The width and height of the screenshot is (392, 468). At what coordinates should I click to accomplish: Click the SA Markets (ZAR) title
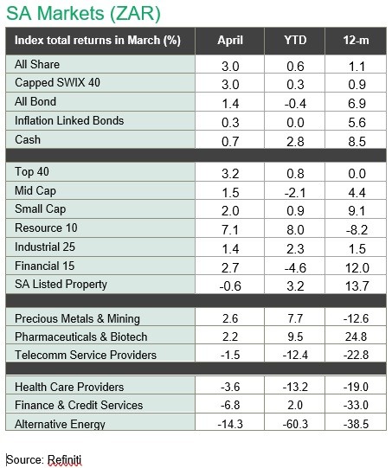83,14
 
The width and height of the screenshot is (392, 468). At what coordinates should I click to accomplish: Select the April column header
230,41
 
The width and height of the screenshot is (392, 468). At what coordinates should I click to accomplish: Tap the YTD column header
295,41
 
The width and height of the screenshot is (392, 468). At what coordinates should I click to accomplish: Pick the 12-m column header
356,41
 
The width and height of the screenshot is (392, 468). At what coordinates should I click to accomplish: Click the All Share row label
37,65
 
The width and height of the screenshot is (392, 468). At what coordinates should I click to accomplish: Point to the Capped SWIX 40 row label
58,83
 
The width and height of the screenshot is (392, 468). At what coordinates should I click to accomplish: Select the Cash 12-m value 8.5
357,142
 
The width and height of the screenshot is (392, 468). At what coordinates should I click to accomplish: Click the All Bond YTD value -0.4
295,104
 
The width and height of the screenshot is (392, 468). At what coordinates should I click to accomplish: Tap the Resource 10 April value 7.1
230,230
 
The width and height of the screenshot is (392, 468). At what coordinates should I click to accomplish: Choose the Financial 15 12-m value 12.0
357,267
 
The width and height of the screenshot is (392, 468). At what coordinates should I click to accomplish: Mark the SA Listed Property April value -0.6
230,286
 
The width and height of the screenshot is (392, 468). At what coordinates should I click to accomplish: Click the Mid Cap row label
35,190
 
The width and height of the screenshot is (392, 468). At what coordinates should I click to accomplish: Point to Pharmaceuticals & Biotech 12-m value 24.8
356,337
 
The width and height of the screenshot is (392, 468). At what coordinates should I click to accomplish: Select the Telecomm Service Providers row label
86,355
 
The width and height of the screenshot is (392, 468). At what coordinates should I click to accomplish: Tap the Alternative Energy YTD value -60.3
295,424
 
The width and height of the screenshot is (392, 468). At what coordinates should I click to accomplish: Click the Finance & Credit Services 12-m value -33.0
356,405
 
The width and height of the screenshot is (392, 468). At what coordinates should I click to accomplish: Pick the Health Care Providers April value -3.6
230,387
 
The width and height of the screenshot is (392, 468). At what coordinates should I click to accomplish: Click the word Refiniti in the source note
65,459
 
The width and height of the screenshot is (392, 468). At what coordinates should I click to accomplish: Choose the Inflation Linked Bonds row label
69,120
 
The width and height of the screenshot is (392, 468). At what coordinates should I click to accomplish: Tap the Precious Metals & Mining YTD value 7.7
295,318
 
